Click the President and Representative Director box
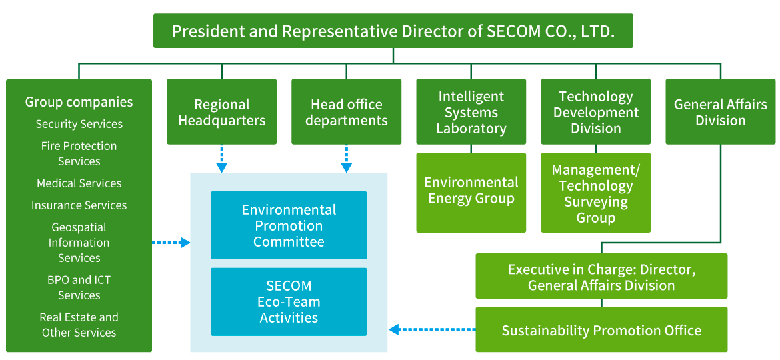(393, 31)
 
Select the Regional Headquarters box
(222, 112)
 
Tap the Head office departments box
(346, 112)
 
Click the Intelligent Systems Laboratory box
(471, 112)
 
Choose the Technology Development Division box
(596, 112)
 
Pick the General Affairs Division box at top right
(720, 112)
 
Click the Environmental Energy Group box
(471, 193)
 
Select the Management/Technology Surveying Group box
(596, 193)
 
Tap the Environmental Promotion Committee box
(289, 225)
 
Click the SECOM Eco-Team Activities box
(289, 302)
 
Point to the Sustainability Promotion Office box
(601, 330)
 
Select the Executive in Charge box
(601, 276)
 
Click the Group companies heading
(79, 102)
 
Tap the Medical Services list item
(79, 183)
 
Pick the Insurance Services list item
(79, 205)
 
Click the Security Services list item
(79, 124)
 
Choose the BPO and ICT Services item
(79, 287)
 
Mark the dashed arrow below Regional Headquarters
(222, 159)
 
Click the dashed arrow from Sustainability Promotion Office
(432, 329)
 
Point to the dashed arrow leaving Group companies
(171, 243)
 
